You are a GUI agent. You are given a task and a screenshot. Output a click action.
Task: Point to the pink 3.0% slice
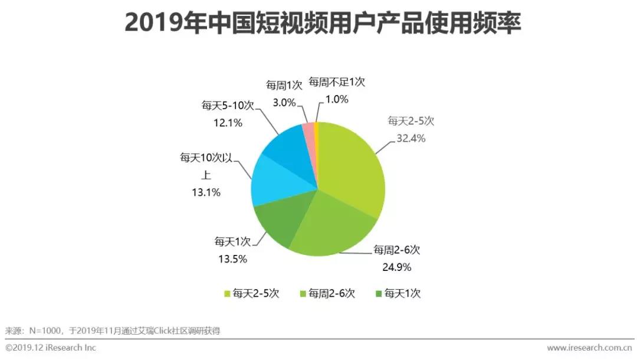pos(308,133)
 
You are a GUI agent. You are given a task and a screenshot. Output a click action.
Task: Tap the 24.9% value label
pos(396,267)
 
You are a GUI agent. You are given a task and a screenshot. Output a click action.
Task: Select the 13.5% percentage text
pos(231,258)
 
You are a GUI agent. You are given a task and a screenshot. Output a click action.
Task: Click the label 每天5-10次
pos(228,106)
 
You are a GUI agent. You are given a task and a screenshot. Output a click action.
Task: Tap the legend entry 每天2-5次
pos(251,293)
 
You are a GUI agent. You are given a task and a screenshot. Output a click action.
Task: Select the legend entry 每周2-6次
pos(328,293)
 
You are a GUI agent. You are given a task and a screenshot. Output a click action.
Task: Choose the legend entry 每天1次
pos(398,293)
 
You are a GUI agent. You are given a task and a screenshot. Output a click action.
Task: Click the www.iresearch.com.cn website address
pos(589,348)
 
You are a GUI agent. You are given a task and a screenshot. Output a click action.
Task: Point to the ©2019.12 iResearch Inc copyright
pos(51,348)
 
